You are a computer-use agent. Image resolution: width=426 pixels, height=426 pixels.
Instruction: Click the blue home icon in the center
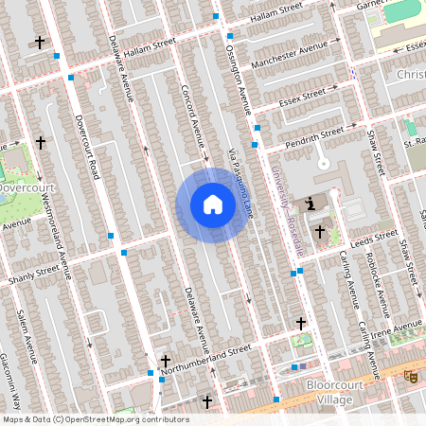(213, 204)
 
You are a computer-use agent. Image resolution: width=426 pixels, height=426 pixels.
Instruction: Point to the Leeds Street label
(374, 237)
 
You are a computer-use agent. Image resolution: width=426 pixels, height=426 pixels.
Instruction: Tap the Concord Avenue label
(194, 120)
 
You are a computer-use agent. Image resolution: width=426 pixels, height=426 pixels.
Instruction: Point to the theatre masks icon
(411, 377)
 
